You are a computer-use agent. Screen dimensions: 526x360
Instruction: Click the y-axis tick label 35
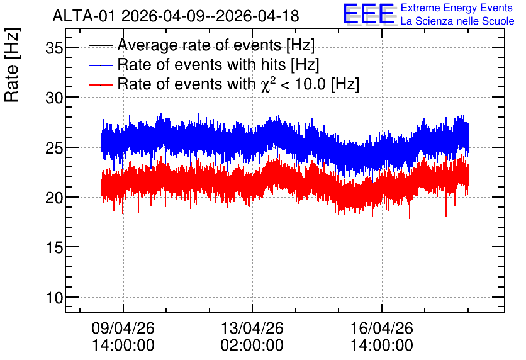[54, 48]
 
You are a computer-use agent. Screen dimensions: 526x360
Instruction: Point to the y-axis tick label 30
[54, 98]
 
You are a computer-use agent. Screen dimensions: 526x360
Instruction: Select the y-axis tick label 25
[54, 148]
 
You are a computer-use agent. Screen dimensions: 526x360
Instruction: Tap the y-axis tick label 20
[54, 198]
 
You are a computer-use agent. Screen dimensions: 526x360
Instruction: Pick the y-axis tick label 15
[54, 247]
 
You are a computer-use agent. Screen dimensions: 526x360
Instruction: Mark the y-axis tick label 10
[54, 297]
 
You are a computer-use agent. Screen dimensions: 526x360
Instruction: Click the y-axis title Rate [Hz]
[12, 65]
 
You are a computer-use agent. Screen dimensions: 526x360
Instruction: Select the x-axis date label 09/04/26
[123, 328]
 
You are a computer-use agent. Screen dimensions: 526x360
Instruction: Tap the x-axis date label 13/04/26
[252, 328]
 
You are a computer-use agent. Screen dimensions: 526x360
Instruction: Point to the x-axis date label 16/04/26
[382, 328]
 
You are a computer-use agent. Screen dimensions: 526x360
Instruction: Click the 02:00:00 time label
[252, 345]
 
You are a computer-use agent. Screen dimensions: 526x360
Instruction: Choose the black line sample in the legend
[100, 45]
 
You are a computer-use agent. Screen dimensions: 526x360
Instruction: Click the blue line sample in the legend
[100, 65]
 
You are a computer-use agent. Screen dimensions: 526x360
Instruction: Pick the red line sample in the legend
[100, 84]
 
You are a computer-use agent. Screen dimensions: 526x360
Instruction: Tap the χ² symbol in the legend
[268, 84]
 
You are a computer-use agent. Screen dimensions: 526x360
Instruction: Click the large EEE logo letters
[369, 14]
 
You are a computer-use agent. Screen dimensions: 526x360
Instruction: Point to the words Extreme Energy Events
[457, 8]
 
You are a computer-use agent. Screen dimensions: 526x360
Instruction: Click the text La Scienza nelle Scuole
[457, 21]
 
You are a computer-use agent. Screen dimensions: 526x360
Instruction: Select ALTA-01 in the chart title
[85, 16]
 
